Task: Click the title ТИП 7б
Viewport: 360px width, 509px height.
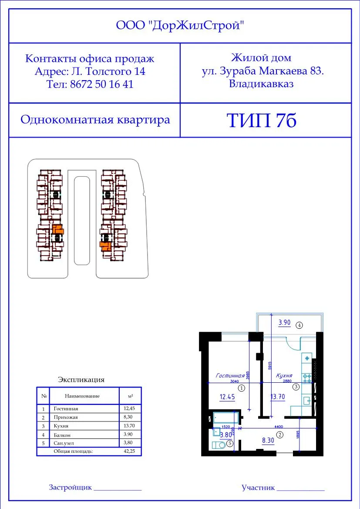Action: (262, 121)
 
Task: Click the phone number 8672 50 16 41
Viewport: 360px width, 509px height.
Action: (90, 84)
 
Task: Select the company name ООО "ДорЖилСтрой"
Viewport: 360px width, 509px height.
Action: (180, 26)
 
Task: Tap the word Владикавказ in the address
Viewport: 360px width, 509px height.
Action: (261, 84)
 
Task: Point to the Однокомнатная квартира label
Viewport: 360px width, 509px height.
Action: (95, 120)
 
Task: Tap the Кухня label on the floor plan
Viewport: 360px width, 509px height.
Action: (283, 375)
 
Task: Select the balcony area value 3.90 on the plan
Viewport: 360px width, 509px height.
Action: (285, 323)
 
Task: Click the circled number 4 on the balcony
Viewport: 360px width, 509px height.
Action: (299, 325)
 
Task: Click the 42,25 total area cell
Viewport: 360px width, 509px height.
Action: (130, 452)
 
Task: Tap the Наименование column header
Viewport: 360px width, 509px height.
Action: (82, 396)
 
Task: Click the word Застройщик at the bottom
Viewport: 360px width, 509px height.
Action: (70, 487)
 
